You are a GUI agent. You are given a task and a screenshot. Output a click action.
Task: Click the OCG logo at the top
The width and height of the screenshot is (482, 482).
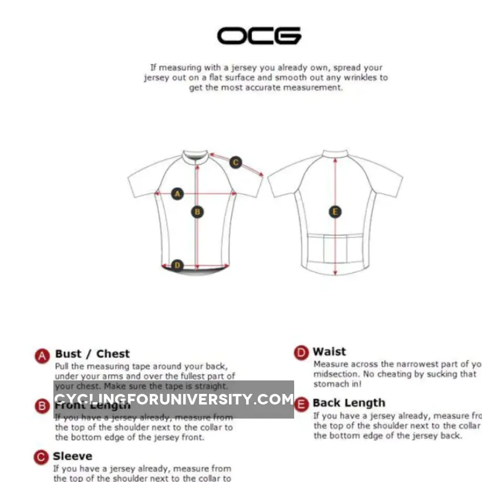click(x=259, y=36)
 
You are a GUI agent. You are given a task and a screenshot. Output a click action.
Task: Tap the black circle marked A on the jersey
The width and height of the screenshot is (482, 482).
click(x=177, y=194)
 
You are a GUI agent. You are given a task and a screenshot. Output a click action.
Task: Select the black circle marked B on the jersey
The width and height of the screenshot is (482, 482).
click(x=197, y=212)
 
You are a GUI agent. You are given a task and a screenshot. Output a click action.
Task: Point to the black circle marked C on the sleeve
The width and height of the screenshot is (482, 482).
click(x=235, y=162)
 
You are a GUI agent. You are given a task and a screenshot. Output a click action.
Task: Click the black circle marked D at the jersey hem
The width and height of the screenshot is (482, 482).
click(x=177, y=265)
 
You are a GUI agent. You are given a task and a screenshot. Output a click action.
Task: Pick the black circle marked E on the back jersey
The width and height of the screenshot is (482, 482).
click(x=335, y=212)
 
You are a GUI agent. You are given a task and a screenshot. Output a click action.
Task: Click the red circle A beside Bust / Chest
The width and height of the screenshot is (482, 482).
click(x=42, y=356)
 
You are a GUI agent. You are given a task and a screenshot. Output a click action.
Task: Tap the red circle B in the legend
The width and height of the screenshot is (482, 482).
click(x=42, y=406)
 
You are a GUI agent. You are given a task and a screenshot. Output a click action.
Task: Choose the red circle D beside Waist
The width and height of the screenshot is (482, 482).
click(x=301, y=353)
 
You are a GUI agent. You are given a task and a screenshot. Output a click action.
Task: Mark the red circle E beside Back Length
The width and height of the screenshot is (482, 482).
click(x=301, y=404)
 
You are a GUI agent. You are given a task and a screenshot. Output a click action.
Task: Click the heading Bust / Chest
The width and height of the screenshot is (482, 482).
click(x=92, y=354)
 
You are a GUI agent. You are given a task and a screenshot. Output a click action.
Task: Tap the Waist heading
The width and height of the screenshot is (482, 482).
click(x=329, y=352)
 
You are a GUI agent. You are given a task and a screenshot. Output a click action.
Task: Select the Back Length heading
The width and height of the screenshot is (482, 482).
click(x=349, y=403)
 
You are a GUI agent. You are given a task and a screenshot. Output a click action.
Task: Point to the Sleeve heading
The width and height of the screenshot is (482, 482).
click(x=72, y=456)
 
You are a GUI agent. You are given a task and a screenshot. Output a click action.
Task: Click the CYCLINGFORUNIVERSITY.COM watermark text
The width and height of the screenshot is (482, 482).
click(x=174, y=400)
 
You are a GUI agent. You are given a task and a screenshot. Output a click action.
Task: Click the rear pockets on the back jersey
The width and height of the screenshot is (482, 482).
click(x=335, y=248)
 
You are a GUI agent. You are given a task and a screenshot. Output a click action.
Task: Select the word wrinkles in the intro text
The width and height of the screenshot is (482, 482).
click(x=362, y=77)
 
